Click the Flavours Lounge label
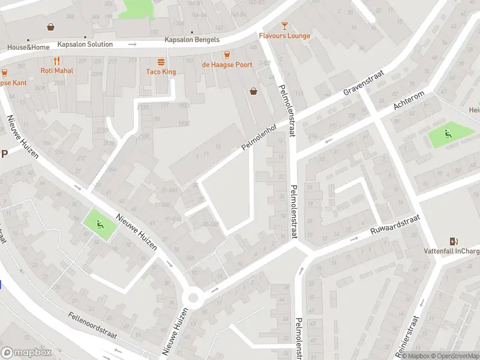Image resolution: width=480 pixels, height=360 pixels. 284,36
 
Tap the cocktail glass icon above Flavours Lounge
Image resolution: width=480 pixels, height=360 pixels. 284,25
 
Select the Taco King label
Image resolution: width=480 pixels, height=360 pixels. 161,72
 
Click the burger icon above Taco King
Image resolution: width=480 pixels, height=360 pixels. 161,62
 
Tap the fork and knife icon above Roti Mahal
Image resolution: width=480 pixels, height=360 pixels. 56,60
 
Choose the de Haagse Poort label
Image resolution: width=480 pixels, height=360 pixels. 227,65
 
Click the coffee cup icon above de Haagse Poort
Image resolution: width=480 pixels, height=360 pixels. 227,55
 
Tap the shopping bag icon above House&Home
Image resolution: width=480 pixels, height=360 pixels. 51,27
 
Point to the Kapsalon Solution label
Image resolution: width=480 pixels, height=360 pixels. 85,44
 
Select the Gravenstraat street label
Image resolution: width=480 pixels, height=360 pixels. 363,82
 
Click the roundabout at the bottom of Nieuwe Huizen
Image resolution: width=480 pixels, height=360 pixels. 193,298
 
